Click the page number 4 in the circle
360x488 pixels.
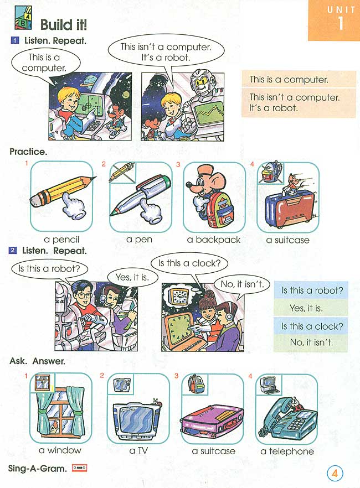click(x=335, y=474)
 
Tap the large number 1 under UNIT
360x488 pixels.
click(x=338, y=24)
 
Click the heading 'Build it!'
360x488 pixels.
click(x=64, y=25)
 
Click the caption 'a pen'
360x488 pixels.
click(x=139, y=240)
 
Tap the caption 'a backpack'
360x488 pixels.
click(x=214, y=240)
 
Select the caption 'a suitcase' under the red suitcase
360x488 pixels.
click(x=287, y=240)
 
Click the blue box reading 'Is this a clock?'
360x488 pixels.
click(x=312, y=326)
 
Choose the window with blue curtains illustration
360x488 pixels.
click(x=60, y=412)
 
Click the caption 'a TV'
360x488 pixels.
click(x=140, y=451)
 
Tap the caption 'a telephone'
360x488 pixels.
click(x=287, y=451)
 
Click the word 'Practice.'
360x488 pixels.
click(x=28, y=151)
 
